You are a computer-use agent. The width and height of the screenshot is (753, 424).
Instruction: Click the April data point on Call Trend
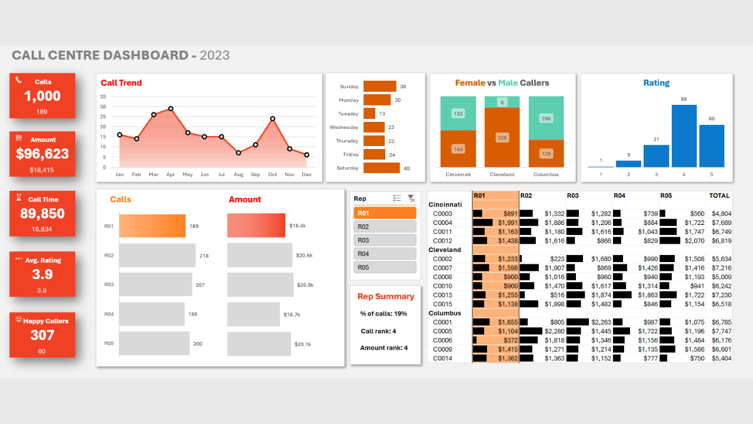click(x=171, y=108)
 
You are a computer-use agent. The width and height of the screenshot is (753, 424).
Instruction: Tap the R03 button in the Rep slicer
click(x=385, y=240)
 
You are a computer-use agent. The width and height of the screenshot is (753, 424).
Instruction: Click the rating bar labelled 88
click(x=684, y=136)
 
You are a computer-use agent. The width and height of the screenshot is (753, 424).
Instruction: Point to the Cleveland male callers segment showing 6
click(x=502, y=102)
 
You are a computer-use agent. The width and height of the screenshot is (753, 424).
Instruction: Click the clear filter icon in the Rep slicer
click(x=411, y=199)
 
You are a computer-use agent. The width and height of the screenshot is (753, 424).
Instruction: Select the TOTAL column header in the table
click(x=719, y=196)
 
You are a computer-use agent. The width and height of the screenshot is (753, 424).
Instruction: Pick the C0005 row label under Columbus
click(x=442, y=332)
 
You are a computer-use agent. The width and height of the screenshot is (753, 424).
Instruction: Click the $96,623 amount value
click(x=42, y=154)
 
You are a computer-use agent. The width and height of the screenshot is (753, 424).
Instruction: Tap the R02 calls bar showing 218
click(x=157, y=256)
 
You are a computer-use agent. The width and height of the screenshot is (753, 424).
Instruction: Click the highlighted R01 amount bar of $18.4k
click(x=256, y=226)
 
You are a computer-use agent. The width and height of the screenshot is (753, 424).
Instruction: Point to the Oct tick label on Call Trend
click(x=272, y=175)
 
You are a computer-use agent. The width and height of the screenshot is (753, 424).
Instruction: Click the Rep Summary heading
click(x=386, y=296)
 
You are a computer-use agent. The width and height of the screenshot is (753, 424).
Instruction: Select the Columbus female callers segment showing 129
click(x=546, y=154)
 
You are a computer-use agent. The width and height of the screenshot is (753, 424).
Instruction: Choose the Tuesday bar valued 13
click(x=369, y=114)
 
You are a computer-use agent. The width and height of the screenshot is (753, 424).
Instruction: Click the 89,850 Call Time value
click(x=42, y=214)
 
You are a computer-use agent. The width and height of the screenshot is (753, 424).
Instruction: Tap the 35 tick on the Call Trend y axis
click(x=103, y=97)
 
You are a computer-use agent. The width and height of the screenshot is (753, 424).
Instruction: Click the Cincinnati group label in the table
click(x=445, y=204)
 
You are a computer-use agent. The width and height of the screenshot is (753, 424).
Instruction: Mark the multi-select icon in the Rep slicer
click(x=397, y=199)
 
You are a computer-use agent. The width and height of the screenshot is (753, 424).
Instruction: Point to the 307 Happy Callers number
click(x=42, y=335)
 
